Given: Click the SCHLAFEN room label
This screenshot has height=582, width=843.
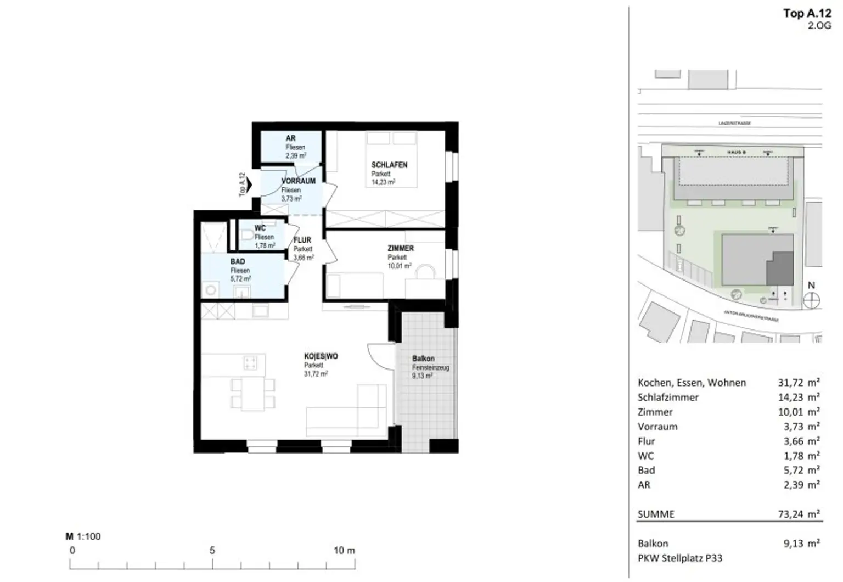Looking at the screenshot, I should tap(389, 165).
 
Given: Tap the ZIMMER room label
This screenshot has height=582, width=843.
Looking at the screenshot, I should tap(401, 248).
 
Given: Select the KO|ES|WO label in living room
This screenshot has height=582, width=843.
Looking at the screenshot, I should tap(321, 356).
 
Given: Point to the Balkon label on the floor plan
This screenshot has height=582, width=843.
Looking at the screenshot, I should tap(423, 359).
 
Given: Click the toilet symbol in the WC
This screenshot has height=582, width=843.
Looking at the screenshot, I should tap(246, 235).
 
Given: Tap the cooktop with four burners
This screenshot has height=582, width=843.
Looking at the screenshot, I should tap(250, 363).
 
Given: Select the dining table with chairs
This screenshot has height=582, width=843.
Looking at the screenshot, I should tap(252, 394).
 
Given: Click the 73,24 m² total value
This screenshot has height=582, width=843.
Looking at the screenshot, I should tap(799, 514).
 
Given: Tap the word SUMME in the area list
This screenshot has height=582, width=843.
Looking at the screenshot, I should tap(656, 514).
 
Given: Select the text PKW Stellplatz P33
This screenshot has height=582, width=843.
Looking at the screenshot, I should tap(680, 558).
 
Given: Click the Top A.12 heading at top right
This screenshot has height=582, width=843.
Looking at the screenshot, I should tap(807, 14).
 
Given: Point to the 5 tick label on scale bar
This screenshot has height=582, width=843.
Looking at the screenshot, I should tap(212, 550).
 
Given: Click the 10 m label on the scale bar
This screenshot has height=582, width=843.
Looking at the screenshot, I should tap(344, 550).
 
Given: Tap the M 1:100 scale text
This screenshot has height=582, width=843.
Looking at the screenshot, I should tap(83, 536).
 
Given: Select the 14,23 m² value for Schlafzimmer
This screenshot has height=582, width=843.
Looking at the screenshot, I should tap(799, 397).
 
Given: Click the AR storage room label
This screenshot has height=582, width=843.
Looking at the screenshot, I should tap(290, 138).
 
